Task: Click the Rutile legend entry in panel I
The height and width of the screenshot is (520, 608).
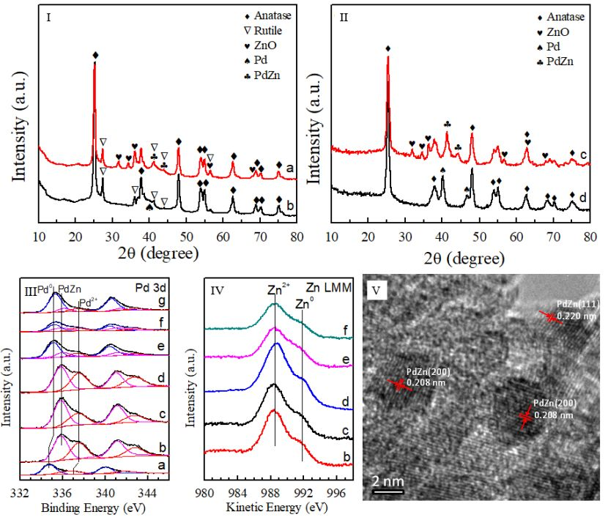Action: coord(260,31)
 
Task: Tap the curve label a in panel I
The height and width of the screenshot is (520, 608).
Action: coord(291,168)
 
